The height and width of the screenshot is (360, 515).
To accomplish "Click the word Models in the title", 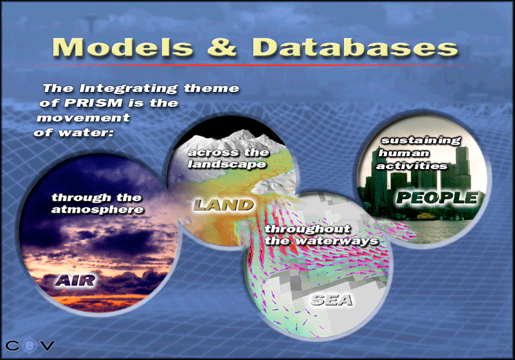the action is pos(123,48).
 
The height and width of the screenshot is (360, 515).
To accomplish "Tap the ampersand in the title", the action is pos(222,48).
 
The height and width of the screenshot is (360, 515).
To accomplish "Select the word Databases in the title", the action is pos(355,48).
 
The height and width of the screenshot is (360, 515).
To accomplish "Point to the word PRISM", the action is pos(93,103).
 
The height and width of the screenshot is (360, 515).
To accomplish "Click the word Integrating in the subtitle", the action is pos(129,89).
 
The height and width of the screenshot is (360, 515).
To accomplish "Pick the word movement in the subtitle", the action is pos(84,118).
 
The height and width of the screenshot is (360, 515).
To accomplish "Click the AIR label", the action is pos(75,280).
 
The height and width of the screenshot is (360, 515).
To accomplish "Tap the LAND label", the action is pos(223,205).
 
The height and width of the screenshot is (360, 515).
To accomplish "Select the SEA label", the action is pos(331,300).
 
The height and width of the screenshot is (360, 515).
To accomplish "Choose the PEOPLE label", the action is pos(437,197).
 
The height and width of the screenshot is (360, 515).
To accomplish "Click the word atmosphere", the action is pos(98,210).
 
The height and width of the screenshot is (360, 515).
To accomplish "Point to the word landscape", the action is pos(227,164).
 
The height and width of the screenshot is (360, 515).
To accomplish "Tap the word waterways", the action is pos(337,241).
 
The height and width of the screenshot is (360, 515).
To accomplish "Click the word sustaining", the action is pos(420,141).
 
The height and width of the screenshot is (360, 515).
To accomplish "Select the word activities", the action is pos(412,166).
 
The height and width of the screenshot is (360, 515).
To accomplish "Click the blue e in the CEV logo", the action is pos(30,346).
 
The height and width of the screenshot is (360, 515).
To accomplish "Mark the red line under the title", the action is pos(260,65).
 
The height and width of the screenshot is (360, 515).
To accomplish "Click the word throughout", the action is pos(307,229).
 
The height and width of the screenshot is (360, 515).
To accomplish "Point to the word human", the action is pos(404,154).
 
